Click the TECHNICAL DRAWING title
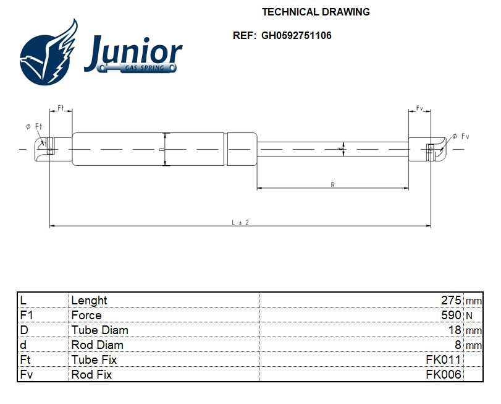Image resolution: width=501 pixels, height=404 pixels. [x=316, y=12]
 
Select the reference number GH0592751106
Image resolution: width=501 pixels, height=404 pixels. [x=296, y=36]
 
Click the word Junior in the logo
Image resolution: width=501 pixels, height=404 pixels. [x=133, y=51]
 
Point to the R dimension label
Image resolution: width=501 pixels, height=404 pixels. [x=333, y=184]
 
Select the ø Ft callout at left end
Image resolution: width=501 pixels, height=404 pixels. [x=34, y=126]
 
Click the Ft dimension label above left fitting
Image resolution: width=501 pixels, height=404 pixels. [x=61, y=108]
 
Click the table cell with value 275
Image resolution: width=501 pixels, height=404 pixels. [x=450, y=300]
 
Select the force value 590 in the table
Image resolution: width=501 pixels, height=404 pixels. [x=450, y=315]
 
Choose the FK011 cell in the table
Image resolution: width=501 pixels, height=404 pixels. [x=443, y=359]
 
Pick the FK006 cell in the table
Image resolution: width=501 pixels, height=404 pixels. [x=443, y=374]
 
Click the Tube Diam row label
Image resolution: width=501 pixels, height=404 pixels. [x=99, y=330]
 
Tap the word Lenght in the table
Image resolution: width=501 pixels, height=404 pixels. [x=89, y=300]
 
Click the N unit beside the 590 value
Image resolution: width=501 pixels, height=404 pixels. [x=469, y=316]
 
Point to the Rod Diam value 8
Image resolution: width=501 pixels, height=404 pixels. [x=458, y=345]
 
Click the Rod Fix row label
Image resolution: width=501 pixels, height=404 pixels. [x=91, y=374]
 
